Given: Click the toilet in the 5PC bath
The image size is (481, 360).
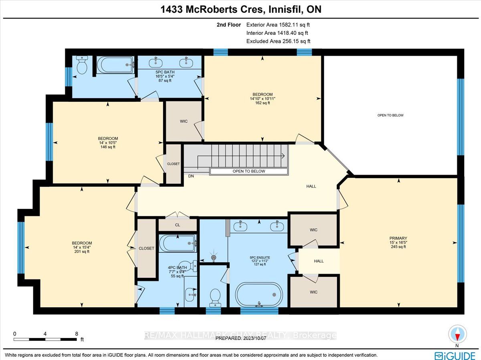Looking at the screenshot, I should click(82, 65).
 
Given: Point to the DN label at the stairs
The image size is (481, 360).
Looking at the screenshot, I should click(191, 175).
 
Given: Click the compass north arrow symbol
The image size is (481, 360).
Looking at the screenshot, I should click(457, 333).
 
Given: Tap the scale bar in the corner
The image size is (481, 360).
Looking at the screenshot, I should click(45, 339).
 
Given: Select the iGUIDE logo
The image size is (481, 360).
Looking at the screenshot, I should click(455, 354).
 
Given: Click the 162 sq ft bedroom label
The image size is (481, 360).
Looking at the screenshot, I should click(263, 98).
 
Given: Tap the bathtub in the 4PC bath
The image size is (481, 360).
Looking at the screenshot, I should click(178, 243).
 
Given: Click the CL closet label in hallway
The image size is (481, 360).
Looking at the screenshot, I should click(178, 225).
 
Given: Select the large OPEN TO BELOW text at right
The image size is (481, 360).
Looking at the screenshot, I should click(390, 115).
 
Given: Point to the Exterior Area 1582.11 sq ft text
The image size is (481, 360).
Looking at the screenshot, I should click(278, 24).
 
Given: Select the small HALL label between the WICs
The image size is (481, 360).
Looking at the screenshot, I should click(319, 261).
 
